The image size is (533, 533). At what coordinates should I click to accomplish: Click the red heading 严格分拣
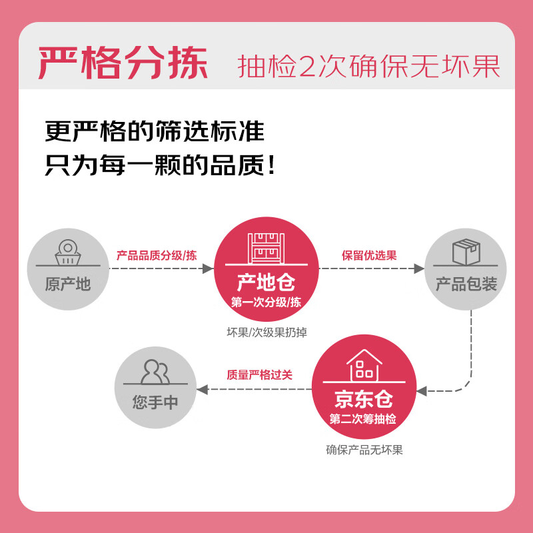click(123, 63)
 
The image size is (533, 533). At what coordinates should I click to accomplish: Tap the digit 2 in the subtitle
click(307, 66)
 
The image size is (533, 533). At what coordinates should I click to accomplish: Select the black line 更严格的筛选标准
click(155, 131)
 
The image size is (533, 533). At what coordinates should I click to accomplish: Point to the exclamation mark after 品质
click(271, 165)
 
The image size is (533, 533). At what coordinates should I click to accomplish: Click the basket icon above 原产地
click(68, 253)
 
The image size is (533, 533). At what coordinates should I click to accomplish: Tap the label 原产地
click(68, 284)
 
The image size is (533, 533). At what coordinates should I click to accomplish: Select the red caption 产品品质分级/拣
click(157, 255)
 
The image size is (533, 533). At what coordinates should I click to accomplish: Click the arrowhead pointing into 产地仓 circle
click(208, 268)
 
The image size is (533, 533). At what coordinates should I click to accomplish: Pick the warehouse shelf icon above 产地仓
click(266, 248)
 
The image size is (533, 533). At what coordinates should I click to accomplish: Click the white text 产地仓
click(266, 282)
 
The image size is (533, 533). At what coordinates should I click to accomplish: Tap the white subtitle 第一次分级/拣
click(266, 302)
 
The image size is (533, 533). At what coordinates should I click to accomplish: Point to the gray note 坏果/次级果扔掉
click(267, 332)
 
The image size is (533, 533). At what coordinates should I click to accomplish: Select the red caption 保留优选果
click(369, 255)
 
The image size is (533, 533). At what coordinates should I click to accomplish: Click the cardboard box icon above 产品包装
click(466, 252)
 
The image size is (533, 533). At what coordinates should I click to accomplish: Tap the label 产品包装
click(466, 284)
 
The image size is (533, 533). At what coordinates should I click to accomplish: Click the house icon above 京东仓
click(364, 365)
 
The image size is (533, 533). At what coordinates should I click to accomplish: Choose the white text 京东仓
click(364, 398)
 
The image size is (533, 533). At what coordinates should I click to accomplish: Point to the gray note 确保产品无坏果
click(364, 450)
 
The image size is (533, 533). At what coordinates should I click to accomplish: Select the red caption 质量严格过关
click(259, 374)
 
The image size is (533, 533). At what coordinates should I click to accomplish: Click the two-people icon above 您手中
click(155, 372)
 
